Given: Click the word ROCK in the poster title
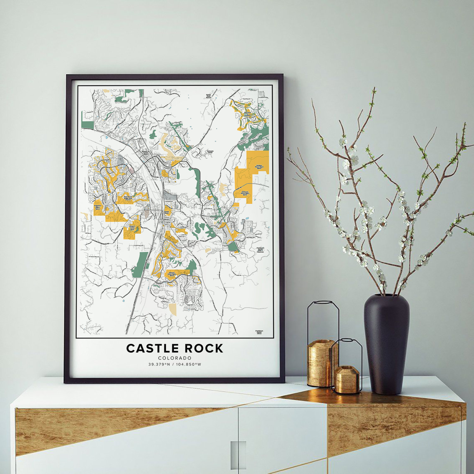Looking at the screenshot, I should coord(204,348).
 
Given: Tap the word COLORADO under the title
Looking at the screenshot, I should coord(175,358).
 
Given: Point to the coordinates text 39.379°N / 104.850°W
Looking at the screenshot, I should coord(175,364).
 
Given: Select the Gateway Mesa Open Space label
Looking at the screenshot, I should coord(245,193).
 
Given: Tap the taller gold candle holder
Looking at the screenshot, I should coord(320,363).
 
